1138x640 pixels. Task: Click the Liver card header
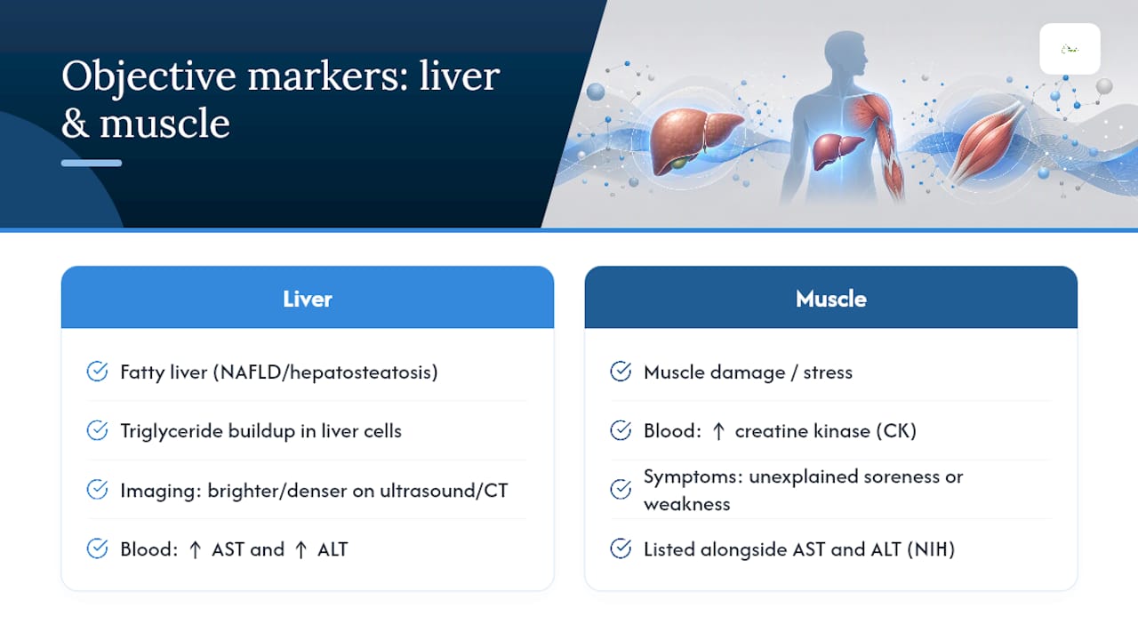point(308,297)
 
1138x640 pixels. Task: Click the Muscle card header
point(830,297)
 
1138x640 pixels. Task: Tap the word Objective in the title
point(148,77)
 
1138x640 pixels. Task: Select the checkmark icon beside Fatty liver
point(97,372)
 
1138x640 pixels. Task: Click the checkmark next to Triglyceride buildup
point(97,431)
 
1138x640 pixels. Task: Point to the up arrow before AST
point(195,549)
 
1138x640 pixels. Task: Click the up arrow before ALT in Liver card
point(301,549)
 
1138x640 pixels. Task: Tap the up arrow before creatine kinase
point(718,431)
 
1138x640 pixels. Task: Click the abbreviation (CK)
point(896,431)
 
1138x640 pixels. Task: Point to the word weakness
point(687,504)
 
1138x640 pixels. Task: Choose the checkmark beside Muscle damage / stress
point(621,372)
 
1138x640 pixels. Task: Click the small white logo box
point(1070,49)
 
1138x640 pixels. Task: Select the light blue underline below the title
point(92,163)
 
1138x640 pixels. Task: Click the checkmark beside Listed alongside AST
point(621,548)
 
